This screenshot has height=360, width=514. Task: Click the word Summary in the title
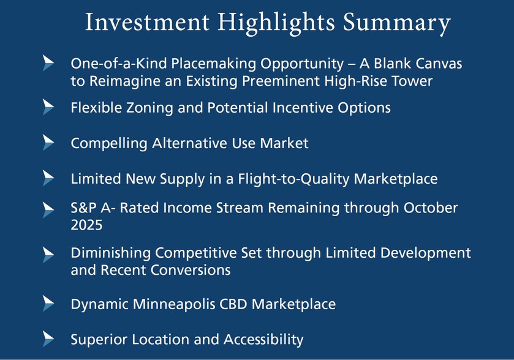(x=396, y=23)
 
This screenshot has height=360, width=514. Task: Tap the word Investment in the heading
(x=147, y=22)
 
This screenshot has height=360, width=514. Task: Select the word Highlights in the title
(x=276, y=23)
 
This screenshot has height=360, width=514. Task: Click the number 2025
(x=86, y=225)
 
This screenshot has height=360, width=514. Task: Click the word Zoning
(x=149, y=108)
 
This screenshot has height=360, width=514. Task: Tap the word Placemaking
(x=213, y=64)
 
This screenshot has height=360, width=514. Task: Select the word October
(x=431, y=208)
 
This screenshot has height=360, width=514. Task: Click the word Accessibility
(x=263, y=339)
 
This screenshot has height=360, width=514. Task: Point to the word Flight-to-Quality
(x=293, y=179)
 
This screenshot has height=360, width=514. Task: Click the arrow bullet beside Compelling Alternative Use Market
(x=48, y=143)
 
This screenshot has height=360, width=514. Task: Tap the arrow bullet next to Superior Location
(x=48, y=339)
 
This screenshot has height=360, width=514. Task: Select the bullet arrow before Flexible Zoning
(x=48, y=107)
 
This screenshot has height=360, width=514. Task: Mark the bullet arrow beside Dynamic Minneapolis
(x=48, y=303)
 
